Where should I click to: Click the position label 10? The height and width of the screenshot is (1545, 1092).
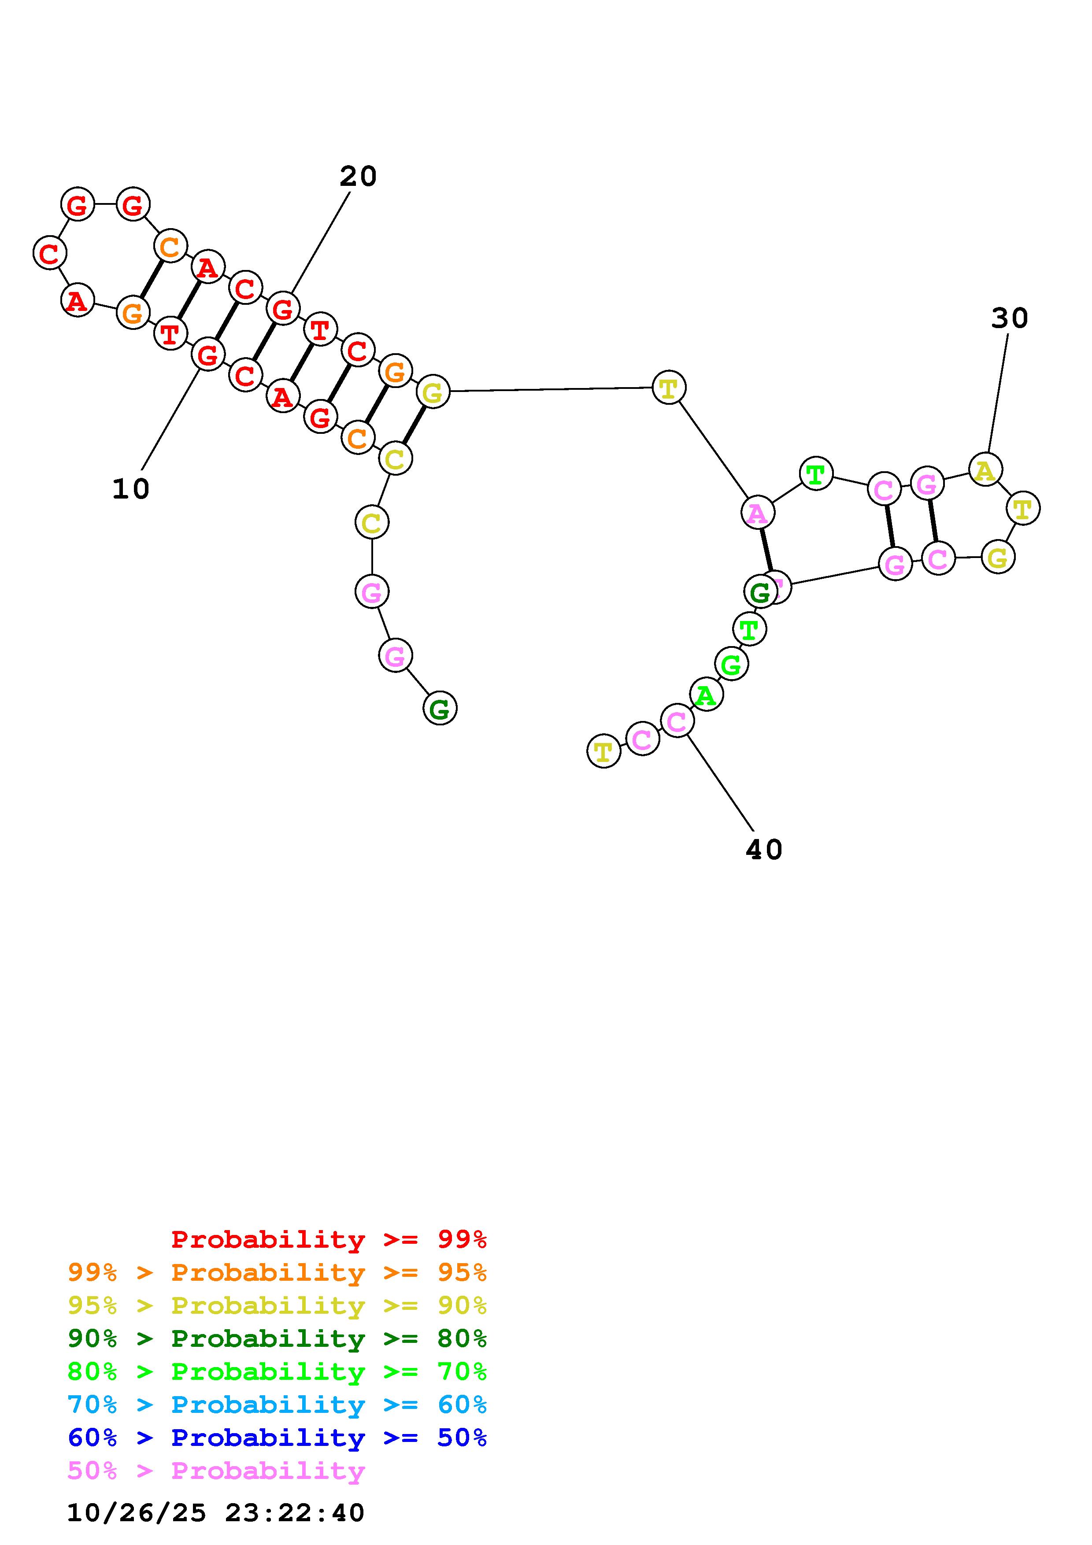[130, 489]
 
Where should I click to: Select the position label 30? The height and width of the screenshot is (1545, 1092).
[1009, 318]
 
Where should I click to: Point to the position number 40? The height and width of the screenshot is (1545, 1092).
[764, 850]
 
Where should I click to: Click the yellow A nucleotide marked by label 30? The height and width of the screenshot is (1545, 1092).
[985, 469]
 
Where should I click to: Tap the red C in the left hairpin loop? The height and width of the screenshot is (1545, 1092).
[50, 254]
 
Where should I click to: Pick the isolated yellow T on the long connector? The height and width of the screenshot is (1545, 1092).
[668, 388]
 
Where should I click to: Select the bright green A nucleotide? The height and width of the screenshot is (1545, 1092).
[706, 695]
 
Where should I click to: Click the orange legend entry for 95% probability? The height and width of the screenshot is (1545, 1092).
[277, 1272]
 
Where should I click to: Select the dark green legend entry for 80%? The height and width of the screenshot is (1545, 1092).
[277, 1338]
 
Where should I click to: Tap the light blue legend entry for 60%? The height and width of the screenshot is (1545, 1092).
[277, 1405]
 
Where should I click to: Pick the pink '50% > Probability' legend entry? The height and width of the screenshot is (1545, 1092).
[216, 1470]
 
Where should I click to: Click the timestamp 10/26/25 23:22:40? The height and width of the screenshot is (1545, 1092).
[215, 1513]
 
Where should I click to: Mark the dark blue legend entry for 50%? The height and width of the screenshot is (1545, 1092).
[277, 1438]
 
